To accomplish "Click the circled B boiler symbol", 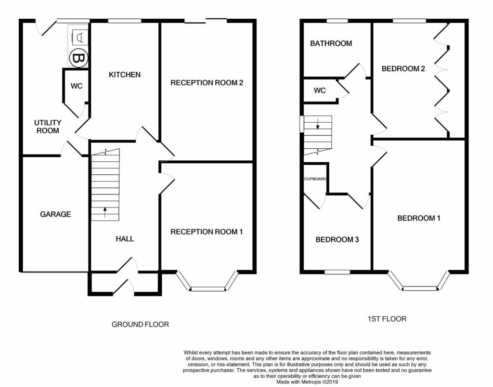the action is [x=78, y=58].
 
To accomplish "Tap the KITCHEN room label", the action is [x=125, y=75].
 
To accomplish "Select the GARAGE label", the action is [x=55, y=214].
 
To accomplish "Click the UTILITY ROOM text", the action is [x=48, y=127].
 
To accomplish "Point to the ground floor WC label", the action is [x=77, y=86].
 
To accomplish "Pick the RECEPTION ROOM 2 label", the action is [x=207, y=83].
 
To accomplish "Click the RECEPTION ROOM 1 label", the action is [x=207, y=232].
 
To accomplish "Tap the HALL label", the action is [x=125, y=239].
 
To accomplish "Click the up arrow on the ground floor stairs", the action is [x=105, y=212].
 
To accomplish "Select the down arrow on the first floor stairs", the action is [x=318, y=124].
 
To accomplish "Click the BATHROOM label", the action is [x=331, y=43].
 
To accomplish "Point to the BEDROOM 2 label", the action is [x=403, y=68].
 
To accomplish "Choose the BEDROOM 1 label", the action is [x=419, y=218].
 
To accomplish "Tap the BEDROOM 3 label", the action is [x=337, y=240].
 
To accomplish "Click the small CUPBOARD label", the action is [x=315, y=179].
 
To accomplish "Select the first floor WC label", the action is [x=320, y=90].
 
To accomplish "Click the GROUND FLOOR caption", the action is [x=140, y=324].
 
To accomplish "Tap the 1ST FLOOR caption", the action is [x=387, y=319].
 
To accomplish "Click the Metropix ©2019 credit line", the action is [x=307, y=382].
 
